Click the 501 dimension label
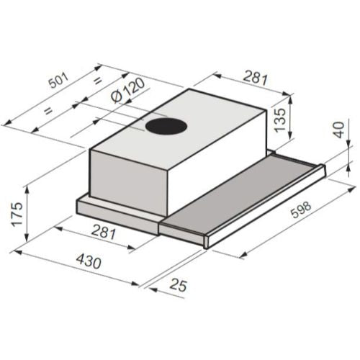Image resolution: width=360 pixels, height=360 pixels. click(59, 79)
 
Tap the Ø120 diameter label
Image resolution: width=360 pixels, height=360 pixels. click(128, 91)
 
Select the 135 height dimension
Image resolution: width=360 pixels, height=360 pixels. click(280, 120)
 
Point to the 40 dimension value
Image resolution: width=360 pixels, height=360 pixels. click(339, 130)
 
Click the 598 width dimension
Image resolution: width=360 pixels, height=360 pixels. click(301, 210)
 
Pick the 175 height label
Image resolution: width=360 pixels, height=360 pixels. click(17, 214)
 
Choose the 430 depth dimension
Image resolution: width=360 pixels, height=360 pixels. click(89, 261)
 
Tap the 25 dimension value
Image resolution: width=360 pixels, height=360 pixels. click(178, 285)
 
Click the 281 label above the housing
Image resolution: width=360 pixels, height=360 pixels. click(255, 77)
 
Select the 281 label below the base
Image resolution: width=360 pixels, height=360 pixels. click(104, 231)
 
